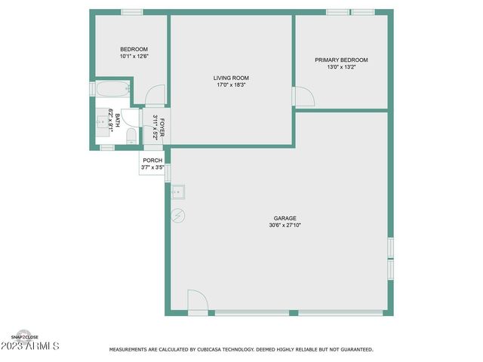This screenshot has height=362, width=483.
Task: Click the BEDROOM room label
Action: coord(134,50)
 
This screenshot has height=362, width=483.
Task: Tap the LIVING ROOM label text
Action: coord(231,78)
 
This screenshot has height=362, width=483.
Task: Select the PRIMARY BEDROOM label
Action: coord(341,60)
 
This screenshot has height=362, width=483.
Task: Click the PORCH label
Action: coord(152,161)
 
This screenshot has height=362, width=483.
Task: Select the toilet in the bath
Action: coord(131,136)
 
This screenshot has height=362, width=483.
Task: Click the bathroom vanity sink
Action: coord(100,121)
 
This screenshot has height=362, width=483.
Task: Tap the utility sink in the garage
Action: coord(179,192)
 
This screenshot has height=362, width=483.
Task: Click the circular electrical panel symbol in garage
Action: coord(179,216)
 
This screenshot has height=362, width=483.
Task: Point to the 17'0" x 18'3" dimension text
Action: coord(231,84)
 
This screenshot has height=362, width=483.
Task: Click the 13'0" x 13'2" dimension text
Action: coord(341,66)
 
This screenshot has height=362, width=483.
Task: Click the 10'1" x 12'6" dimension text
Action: coord(134,57)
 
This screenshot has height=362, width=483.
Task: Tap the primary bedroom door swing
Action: coord(303,97)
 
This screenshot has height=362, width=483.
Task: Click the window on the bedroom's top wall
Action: coord(132,11)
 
